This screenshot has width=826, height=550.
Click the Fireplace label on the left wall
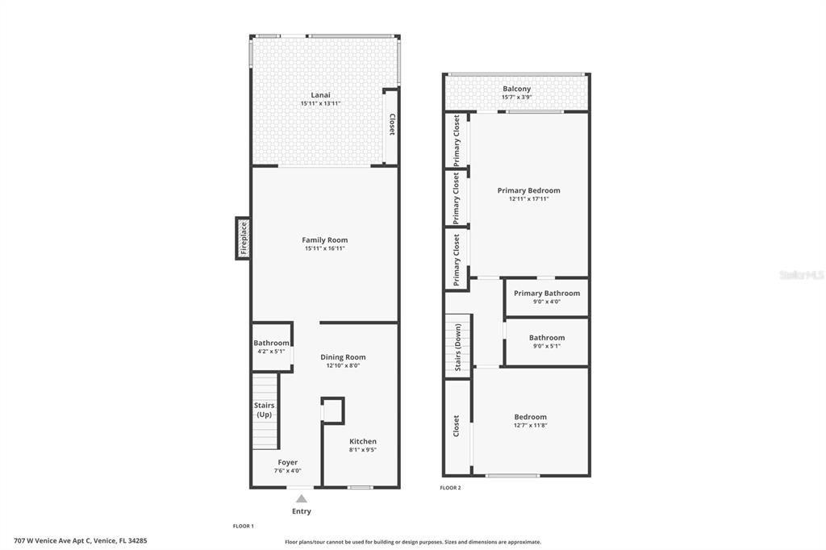click(x=244, y=238)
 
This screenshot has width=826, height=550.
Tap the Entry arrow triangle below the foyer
click(x=301, y=498)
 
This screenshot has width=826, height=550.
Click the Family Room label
click(x=324, y=240)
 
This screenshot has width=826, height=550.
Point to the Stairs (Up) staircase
click(x=265, y=410)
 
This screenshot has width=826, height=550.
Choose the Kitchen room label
click(x=362, y=441)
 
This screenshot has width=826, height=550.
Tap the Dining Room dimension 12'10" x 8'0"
click(x=343, y=365)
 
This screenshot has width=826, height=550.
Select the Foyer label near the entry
click(x=287, y=462)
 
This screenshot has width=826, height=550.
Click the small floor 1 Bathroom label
click(x=271, y=343)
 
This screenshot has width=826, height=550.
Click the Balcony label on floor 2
click(x=516, y=89)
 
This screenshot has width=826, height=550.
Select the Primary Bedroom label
click(x=528, y=190)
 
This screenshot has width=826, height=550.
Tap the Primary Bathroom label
click(x=546, y=293)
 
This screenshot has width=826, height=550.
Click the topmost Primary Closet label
click(x=457, y=140)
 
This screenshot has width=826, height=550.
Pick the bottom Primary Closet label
click(x=457, y=260)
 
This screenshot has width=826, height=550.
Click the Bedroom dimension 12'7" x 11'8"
click(x=530, y=425)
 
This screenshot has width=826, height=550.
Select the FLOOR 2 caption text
click(x=450, y=487)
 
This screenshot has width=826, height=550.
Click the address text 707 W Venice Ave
click(x=80, y=541)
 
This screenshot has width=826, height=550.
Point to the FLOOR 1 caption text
click(x=243, y=526)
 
